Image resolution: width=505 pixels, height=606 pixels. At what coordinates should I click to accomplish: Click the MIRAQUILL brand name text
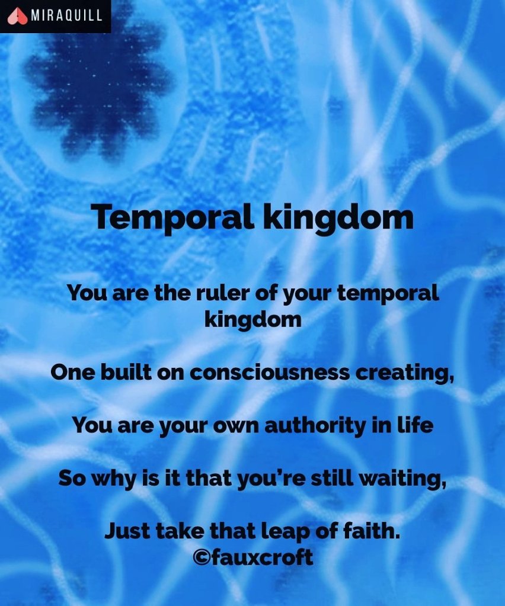(66, 16)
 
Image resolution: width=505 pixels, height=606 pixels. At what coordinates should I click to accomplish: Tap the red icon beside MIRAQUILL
(17, 16)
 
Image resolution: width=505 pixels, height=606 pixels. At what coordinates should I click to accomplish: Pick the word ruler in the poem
(222, 293)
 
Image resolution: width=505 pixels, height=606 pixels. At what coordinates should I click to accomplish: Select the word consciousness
(270, 373)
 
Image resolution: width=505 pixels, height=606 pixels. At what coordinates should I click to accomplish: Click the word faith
(372, 531)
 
